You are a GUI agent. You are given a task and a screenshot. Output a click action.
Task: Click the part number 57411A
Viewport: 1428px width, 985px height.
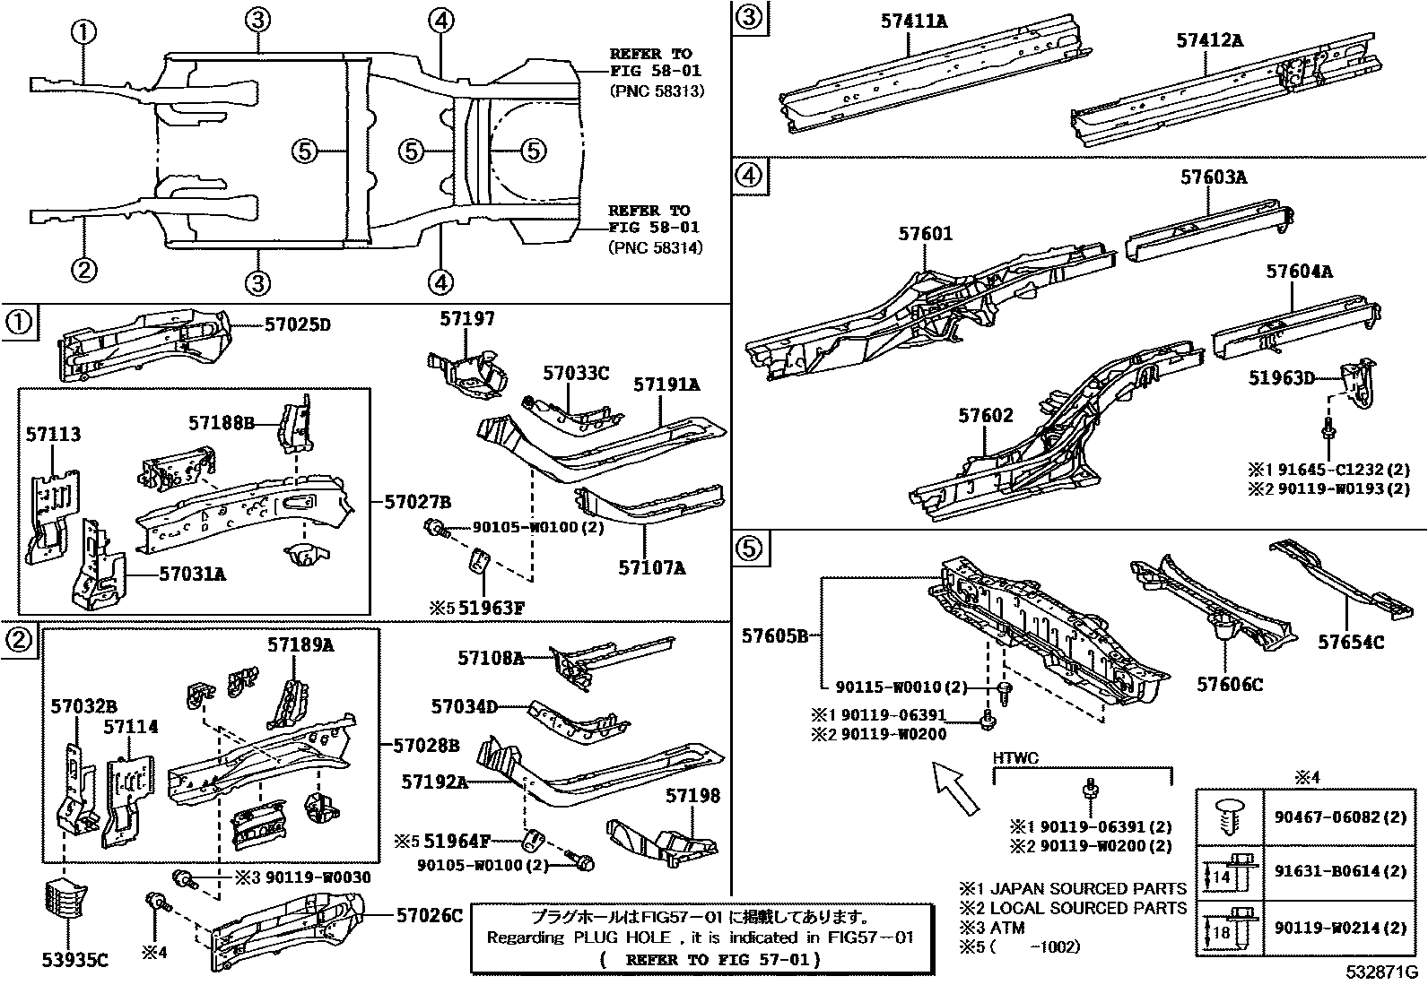[913, 21]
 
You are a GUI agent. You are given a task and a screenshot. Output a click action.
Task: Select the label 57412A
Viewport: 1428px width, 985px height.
[1209, 39]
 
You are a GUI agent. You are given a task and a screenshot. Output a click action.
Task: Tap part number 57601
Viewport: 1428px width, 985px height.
[926, 234]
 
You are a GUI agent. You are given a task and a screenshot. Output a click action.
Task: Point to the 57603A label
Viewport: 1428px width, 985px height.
[1213, 177]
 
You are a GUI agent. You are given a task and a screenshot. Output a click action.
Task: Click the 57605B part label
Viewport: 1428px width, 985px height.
[776, 636]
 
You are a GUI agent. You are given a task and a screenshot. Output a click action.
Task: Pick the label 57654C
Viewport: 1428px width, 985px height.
[1350, 642]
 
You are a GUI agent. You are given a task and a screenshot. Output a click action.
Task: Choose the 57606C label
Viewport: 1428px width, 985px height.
[1229, 685]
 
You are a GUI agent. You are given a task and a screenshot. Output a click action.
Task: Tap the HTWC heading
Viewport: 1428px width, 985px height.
[1014, 758]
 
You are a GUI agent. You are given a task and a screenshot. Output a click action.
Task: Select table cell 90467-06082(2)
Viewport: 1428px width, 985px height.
[1340, 817]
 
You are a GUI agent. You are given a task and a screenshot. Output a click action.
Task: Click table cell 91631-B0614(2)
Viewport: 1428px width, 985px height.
[1340, 871]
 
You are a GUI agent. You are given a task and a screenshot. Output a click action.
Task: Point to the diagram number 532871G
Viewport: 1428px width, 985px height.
[1380, 972]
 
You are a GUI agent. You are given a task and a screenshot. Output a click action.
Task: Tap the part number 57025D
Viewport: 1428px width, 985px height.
[297, 324]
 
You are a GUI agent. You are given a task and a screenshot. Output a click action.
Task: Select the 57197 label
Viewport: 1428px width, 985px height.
[466, 319]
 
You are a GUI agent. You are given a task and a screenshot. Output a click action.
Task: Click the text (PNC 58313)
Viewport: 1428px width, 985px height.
[656, 91]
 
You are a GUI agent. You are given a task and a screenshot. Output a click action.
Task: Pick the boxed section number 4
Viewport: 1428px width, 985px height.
[750, 174]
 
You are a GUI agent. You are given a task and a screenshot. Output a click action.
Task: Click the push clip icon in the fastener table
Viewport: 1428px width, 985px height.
[1229, 817]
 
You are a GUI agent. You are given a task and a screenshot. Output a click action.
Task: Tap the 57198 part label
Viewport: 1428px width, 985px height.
[692, 796]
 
